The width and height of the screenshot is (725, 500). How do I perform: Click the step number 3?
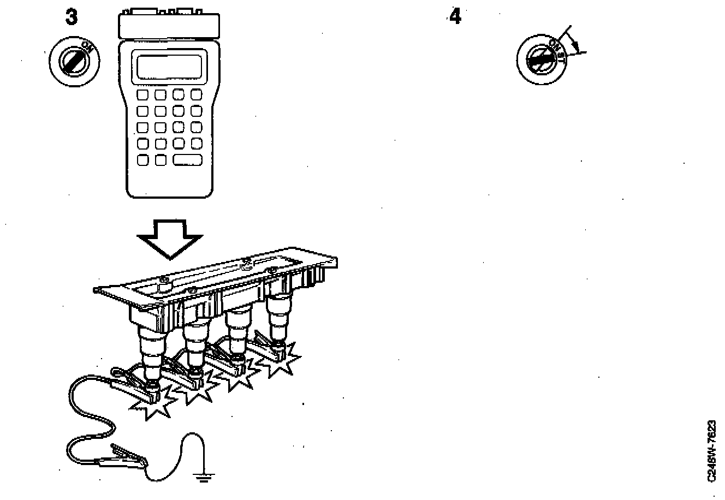pyautogui.click(x=71, y=17)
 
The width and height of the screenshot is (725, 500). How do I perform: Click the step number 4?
pyautogui.click(x=454, y=17)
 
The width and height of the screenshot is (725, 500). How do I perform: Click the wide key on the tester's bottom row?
pyautogui.click(x=188, y=160)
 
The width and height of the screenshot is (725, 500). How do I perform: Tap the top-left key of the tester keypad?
pyautogui.click(x=142, y=95)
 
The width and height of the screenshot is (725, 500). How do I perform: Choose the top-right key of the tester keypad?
pyautogui.click(x=197, y=95)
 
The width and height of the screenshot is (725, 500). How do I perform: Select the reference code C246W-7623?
pyautogui.click(x=711, y=450)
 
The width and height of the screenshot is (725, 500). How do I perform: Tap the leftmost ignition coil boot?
pyautogui.click(x=150, y=355)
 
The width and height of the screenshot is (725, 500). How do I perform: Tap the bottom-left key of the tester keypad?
pyautogui.click(x=142, y=160)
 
